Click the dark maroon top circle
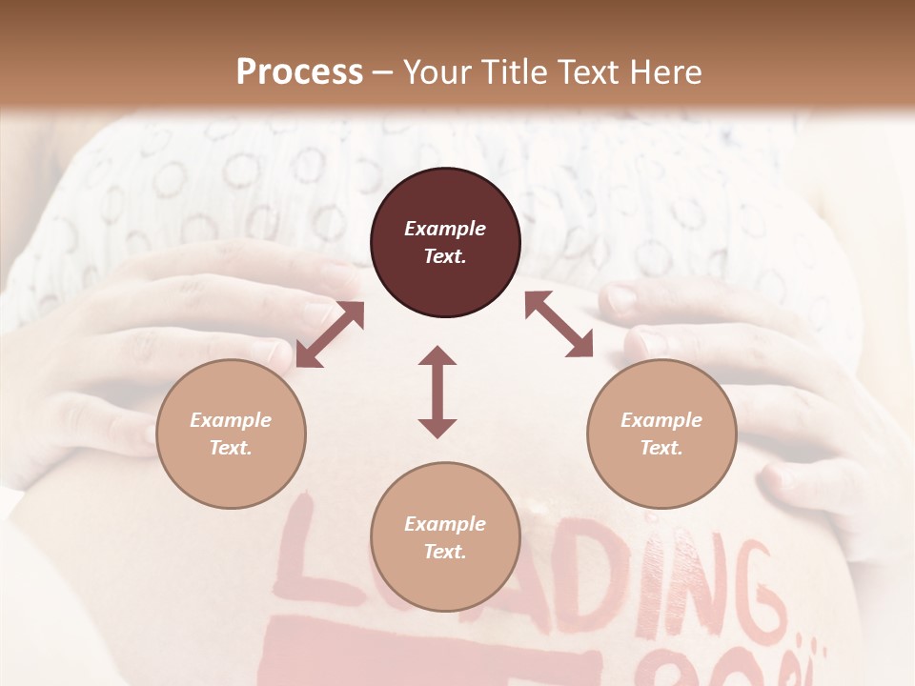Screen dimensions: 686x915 (x=445, y=242)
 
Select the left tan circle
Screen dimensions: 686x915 (x=231, y=434)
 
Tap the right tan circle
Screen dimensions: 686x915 (x=661, y=434)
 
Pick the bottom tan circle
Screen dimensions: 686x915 (x=445, y=537)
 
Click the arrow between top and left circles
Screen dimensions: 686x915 (x=330, y=334)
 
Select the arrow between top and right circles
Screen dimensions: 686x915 (x=559, y=324)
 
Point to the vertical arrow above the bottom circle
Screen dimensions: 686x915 (x=437, y=392)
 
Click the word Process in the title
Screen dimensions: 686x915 (x=299, y=71)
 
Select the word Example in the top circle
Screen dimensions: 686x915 (x=445, y=229)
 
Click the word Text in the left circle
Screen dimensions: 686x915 (x=230, y=448)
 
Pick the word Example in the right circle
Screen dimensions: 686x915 (x=661, y=420)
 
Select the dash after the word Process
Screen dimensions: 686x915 (x=383, y=73)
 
